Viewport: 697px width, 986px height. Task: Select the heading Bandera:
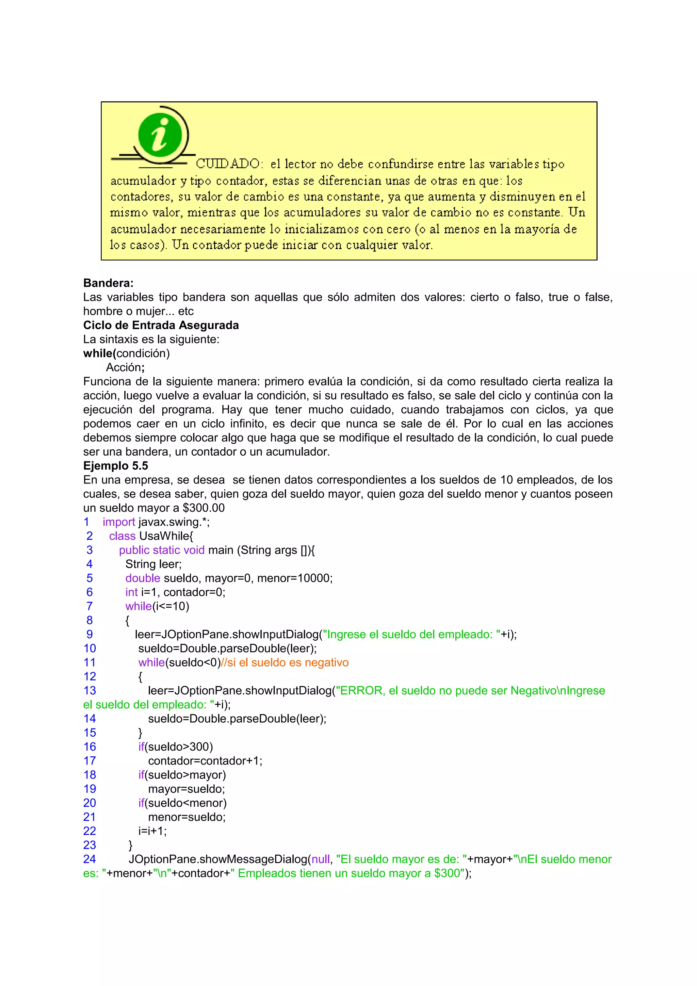108,283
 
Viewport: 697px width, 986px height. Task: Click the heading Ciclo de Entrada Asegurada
161,325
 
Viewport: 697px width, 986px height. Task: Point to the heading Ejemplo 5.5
115,465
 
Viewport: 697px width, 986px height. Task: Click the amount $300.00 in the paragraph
203,508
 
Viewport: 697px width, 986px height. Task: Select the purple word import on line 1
118,522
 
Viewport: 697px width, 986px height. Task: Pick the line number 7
89,606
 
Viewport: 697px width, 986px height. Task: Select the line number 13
90,691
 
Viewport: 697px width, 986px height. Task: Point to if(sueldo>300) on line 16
176,747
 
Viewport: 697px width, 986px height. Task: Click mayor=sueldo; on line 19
187,789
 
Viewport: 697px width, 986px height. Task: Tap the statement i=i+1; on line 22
152,831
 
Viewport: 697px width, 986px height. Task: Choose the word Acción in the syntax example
124,367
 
